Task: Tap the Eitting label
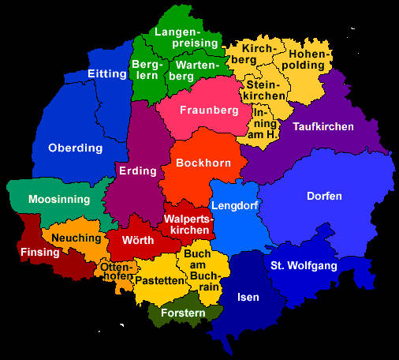[107, 74]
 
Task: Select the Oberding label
[75, 148]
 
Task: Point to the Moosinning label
[59, 199]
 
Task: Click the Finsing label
[39, 253]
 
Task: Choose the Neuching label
[76, 237]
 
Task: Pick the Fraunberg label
[209, 111]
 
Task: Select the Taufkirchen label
[323, 126]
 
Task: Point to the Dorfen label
[324, 197]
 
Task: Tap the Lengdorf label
[235, 205]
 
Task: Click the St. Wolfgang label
[304, 266]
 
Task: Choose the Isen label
[247, 298]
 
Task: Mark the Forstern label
[183, 313]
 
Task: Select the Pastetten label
[160, 280]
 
